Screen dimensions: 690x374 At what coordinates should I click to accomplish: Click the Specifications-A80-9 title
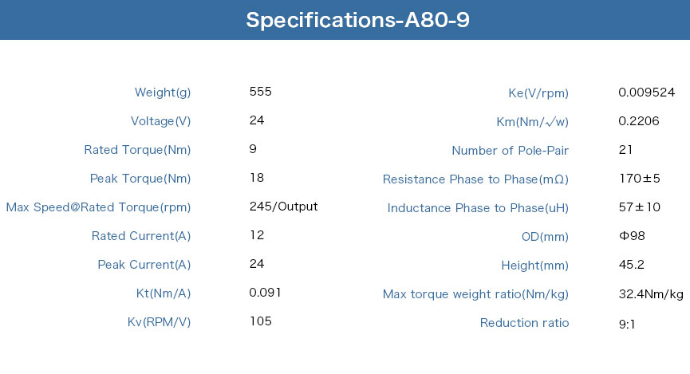pyautogui.click(x=357, y=20)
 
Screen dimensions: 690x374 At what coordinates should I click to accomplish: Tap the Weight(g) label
pyautogui.click(x=163, y=93)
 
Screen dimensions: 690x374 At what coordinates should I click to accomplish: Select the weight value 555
pyautogui.click(x=261, y=92)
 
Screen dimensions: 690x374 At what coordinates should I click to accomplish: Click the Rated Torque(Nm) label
pyautogui.click(x=137, y=150)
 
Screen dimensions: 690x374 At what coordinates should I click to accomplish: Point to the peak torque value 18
pyautogui.click(x=257, y=178)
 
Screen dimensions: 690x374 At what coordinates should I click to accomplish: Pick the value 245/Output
pyautogui.click(x=283, y=207)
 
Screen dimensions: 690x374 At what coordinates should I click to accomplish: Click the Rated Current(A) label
pyautogui.click(x=141, y=236)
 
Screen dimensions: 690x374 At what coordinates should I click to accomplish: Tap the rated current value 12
pyautogui.click(x=257, y=235)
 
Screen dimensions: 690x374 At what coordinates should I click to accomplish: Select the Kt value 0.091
pyautogui.click(x=265, y=293)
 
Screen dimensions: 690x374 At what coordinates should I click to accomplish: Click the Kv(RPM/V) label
pyautogui.click(x=159, y=322)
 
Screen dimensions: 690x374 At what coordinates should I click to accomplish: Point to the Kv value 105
pyautogui.click(x=261, y=321)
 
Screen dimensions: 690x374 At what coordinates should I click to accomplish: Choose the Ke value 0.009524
pyautogui.click(x=646, y=92)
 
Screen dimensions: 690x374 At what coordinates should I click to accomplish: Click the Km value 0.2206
pyautogui.click(x=638, y=121)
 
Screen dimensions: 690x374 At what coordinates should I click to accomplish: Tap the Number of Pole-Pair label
pyautogui.click(x=510, y=151)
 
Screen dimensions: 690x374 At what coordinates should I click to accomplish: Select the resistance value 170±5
pyautogui.click(x=640, y=178)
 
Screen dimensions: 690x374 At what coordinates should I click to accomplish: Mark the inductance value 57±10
pyautogui.click(x=640, y=207)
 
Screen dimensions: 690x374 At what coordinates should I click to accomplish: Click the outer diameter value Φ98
pyautogui.click(x=632, y=236)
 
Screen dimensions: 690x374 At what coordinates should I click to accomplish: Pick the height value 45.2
pyautogui.click(x=632, y=265)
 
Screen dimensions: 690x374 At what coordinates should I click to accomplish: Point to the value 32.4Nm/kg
pyautogui.click(x=651, y=294)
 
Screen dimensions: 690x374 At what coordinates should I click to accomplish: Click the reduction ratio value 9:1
pyautogui.click(x=627, y=325)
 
